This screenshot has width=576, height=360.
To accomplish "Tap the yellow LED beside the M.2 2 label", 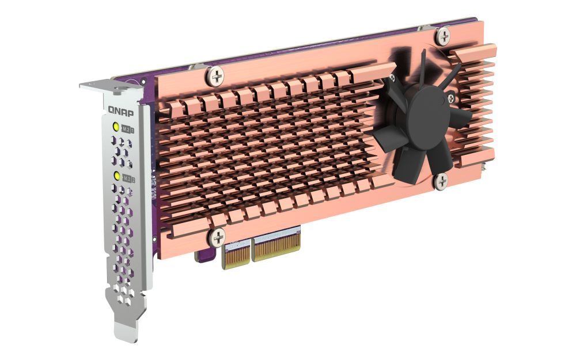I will coord(117,176).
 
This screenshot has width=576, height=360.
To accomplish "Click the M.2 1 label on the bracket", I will coord(127,131).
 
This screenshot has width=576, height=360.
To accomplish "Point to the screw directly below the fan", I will coord(441,181).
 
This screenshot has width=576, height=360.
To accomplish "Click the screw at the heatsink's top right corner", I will coord(442,37).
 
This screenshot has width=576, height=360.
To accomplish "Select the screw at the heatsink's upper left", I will coord(216,75).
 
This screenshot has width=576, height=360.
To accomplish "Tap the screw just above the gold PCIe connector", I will coord(217,237).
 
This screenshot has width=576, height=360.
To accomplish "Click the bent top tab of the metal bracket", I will coord(109,86).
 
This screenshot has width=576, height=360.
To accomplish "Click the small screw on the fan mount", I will coord(451,100).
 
